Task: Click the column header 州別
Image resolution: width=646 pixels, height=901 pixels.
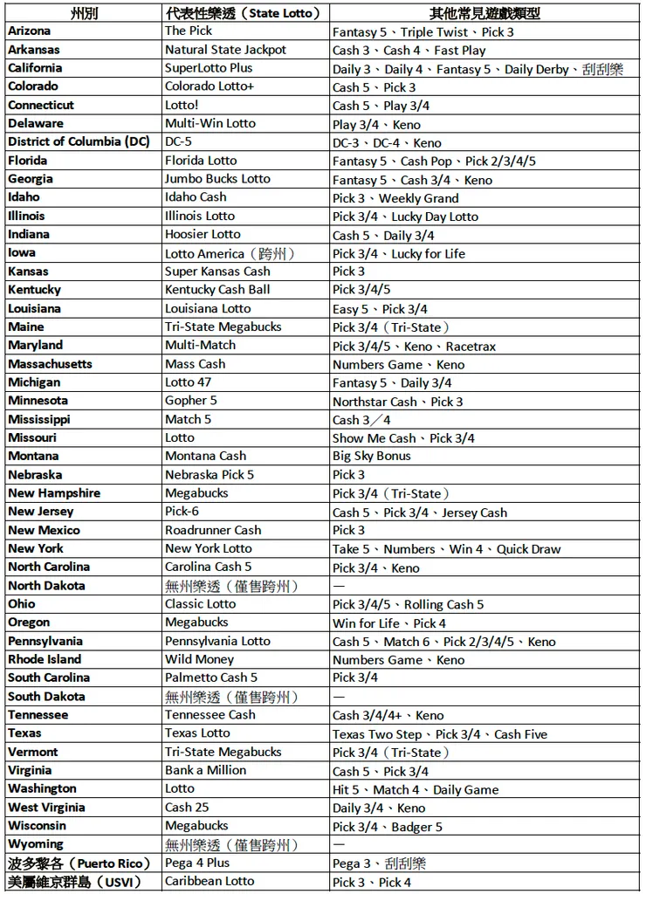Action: pos(84,13)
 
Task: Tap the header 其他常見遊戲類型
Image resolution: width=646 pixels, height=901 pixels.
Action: pos(484,13)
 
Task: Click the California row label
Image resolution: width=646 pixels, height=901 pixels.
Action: pos(35,68)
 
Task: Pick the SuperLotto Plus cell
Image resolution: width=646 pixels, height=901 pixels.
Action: pos(209,68)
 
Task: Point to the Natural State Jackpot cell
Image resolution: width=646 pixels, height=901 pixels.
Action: pos(225,50)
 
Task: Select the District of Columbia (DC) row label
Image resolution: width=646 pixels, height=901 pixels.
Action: pos(79,142)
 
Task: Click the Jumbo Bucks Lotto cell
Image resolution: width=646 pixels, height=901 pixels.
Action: pos(217,179)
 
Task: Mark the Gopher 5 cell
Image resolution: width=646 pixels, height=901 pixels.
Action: pos(191,401)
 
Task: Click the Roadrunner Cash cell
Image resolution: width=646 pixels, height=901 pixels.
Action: pos(213,530)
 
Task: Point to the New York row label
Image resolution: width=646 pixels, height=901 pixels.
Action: pos(36,548)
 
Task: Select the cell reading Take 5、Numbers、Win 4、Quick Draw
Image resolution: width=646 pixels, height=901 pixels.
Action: pos(446,549)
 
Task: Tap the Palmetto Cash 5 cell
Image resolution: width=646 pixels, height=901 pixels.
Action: pos(211,677)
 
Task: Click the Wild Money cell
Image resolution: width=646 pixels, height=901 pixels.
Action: pos(199,659)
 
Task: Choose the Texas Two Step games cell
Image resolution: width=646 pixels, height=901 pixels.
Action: pos(440,734)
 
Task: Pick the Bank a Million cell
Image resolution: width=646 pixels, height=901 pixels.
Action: pos(205,770)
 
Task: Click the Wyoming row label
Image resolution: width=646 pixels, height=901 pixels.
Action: pos(36,844)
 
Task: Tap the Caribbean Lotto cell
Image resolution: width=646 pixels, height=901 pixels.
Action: pos(210,881)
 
